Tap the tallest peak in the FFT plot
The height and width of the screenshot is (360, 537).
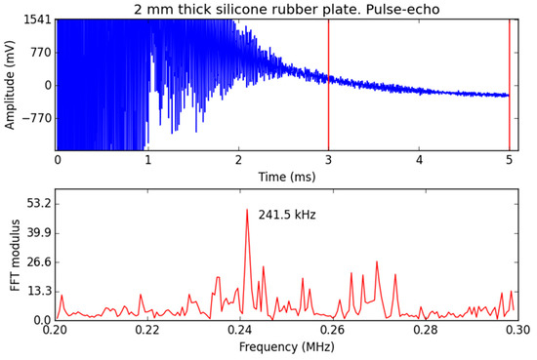pyautogui.click(x=247, y=211)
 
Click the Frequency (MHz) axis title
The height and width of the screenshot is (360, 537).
pyautogui.click(x=284, y=346)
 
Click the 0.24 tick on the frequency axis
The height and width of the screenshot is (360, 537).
pyautogui.click(x=240, y=331)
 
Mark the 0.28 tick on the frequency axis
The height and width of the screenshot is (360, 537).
pyautogui.click(x=425, y=331)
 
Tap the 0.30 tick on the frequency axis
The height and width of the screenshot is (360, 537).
pyautogui.click(x=516, y=331)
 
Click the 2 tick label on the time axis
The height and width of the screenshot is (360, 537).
pyautogui.click(x=238, y=159)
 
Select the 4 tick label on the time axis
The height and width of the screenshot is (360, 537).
pyautogui.click(x=419, y=159)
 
